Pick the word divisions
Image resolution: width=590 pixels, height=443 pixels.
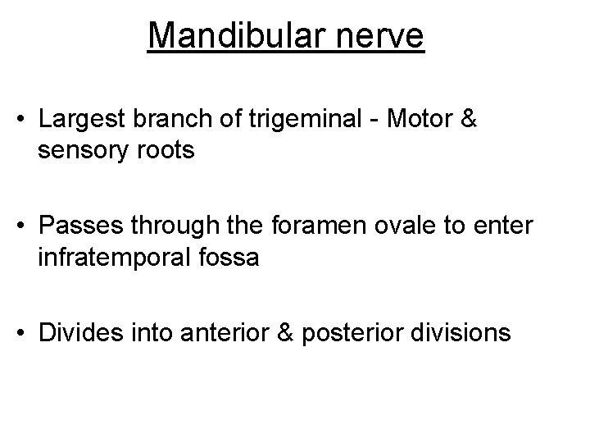point(462,333)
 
